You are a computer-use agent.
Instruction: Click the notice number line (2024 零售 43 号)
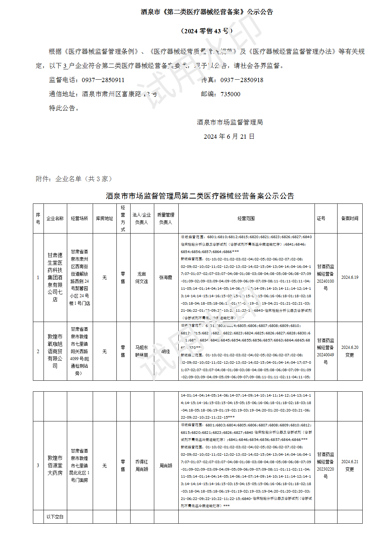point(207,31)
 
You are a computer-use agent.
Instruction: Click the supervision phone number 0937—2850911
point(103,80)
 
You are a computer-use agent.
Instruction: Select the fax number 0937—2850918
point(242,80)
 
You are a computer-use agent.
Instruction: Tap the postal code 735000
point(230,94)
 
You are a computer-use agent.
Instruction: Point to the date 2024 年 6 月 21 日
point(229,137)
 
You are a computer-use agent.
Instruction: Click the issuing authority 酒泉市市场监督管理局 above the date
point(230,122)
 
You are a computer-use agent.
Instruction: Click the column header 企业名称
point(55,219)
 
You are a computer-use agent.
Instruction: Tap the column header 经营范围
point(246,219)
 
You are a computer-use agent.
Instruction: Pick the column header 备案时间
point(350,219)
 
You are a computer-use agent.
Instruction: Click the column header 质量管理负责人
point(166,219)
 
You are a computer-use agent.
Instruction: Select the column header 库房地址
point(104,219)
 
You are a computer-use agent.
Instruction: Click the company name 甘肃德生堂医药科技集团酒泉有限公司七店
point(55,277)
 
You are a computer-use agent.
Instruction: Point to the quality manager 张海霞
point(166,278)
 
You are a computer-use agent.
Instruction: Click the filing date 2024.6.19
point(350,277)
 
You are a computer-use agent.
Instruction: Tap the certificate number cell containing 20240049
point(325,351)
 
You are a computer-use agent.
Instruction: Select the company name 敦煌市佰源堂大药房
point(55,465)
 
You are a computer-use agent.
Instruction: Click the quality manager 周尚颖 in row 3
point(166,466)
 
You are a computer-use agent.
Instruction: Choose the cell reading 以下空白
point(55,517)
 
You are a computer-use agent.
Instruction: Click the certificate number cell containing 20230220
point(325,465)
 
